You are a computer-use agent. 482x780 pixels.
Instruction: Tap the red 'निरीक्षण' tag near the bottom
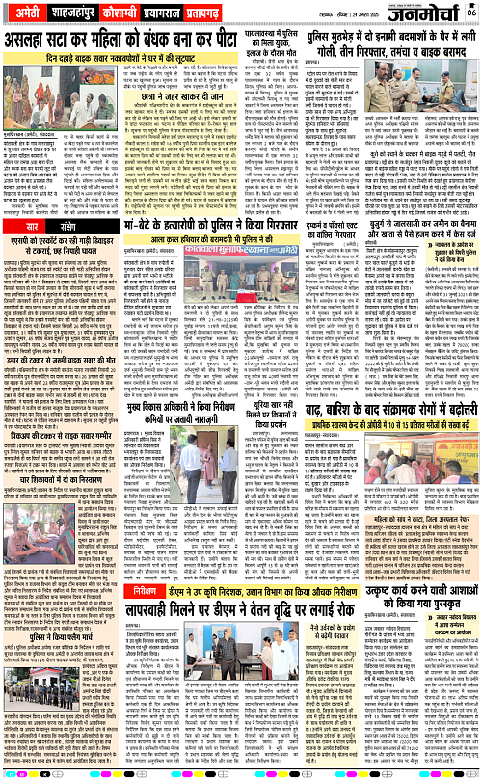pos(151,641)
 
